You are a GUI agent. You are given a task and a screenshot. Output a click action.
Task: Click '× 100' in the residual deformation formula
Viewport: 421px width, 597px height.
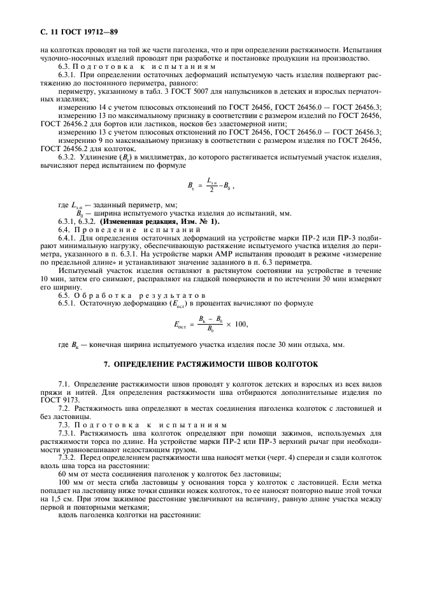(236, 324)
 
